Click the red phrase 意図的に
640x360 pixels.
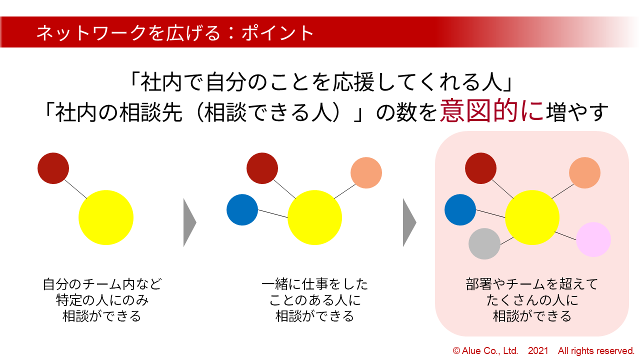coord(491,111)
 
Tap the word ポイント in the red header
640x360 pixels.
coord(277,33)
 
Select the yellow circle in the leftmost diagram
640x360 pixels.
coord(105,217)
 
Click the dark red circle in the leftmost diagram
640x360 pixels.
coord(53,168)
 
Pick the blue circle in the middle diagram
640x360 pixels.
coord(242,209)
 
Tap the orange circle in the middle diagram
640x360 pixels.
coord(366,172)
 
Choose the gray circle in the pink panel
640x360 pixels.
coord(484,243)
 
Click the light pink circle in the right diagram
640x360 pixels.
coord(593,239)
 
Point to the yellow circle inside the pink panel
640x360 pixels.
coord(532,217)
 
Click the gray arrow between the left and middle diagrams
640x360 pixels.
coord(189,222)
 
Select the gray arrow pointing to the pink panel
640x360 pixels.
coord(409,222)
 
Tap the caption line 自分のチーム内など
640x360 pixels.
coord(102,284)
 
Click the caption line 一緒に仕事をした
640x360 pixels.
coord(314,284)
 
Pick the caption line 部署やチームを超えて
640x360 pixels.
coord(531,284)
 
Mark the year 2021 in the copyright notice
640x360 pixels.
coord(538,350)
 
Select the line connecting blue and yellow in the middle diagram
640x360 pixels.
coord(272,213)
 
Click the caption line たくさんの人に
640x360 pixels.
coord(531,300)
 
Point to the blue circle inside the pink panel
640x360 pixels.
coord(460,209)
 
